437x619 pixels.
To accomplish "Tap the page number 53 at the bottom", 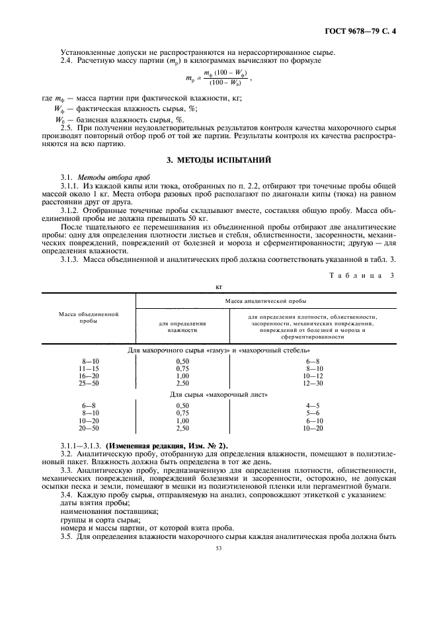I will point(219,548).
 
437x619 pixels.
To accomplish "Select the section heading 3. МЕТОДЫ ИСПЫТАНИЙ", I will point(219,160).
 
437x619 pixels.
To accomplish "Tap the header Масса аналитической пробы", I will point(265,300).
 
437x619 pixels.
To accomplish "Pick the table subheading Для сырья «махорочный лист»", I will point(219,394).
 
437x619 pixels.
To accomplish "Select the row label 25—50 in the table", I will point(89,382).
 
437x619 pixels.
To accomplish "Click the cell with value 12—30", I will point(312,382).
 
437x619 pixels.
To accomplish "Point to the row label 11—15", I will point(89,368).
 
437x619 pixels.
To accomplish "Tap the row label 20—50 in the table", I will point(89,428).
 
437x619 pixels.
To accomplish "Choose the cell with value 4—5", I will point(312,405).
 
